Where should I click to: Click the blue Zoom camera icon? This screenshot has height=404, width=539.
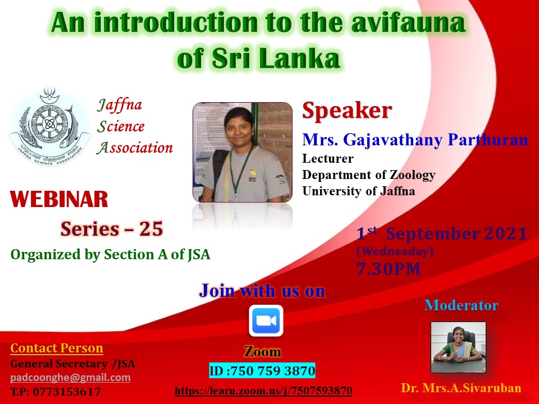266,321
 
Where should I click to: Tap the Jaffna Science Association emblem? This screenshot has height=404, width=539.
50,126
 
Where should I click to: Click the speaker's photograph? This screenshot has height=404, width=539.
243,152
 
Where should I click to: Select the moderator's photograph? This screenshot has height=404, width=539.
458,347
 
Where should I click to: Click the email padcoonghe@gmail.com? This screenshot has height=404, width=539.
71,378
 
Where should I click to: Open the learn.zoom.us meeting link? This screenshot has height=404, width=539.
264,391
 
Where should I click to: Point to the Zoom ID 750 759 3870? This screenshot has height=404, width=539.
262,371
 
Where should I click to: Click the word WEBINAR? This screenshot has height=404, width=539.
59,199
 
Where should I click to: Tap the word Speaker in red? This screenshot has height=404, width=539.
347,111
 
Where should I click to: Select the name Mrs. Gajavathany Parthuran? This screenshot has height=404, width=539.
415,140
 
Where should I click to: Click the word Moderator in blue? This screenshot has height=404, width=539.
462,305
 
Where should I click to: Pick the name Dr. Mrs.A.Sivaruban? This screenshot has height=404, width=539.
461,388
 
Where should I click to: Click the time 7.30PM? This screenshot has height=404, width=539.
389,269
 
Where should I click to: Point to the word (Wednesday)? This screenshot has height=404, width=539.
395,251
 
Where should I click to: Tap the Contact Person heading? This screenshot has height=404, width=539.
57,348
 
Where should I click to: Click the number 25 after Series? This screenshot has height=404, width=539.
150,229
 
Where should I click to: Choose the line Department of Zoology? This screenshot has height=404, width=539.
369,175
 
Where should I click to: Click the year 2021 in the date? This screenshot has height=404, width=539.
506,234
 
